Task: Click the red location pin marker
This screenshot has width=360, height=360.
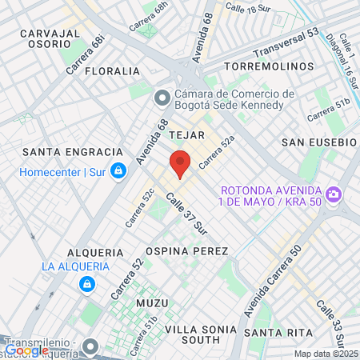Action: point(180,163)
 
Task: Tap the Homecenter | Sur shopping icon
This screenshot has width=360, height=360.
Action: point(118,170)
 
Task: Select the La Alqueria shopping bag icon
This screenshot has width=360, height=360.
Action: point(85,283)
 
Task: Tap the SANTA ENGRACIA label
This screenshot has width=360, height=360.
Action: point(73,152)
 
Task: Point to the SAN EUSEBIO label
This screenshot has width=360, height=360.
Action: point(318,142)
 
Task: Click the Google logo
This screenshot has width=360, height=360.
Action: point(26,350)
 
